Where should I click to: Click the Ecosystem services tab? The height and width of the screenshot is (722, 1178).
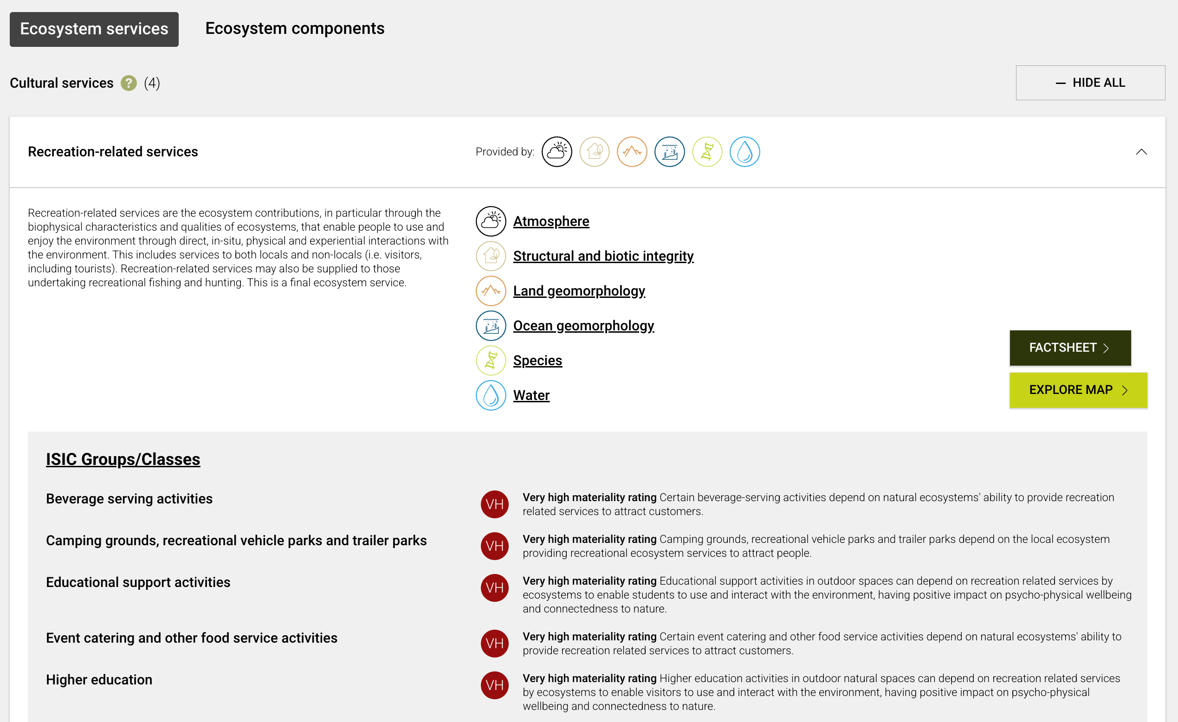94,29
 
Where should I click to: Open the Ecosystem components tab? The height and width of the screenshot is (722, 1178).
294,29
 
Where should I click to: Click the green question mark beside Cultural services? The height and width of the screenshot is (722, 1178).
129,83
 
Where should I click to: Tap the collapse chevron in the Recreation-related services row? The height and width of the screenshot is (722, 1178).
1141,152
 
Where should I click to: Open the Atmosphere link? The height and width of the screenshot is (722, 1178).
551,221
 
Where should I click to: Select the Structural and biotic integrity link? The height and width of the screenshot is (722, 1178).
603,256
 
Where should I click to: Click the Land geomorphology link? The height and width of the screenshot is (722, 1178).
578,291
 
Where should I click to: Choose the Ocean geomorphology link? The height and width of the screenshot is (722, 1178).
583,326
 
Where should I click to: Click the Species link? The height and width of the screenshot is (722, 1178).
537,361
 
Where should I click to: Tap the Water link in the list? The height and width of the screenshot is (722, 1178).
531,396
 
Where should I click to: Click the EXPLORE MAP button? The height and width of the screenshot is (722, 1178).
1078,390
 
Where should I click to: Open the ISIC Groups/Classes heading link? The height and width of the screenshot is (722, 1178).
123,459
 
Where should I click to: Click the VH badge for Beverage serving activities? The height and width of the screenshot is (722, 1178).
494,504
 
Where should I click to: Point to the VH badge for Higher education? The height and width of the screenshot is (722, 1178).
494,685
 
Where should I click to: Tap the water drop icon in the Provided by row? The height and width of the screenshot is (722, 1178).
744,152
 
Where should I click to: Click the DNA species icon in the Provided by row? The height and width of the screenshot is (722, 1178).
706,152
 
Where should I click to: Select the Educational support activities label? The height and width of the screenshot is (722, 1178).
138,582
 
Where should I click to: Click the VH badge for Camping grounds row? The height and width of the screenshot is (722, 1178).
494,546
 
